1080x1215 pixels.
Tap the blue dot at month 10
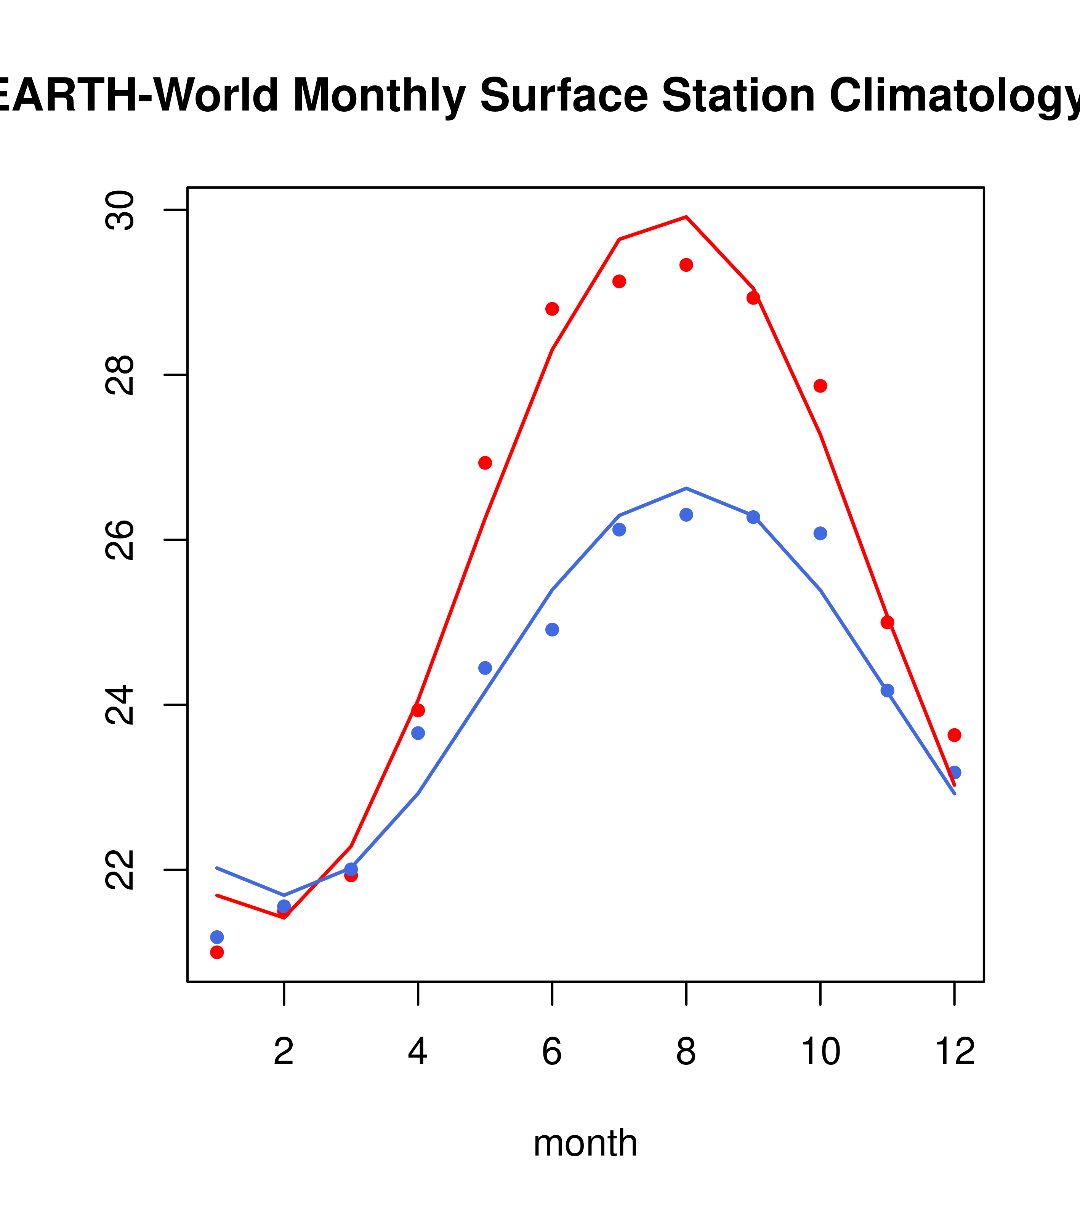pyautogui.click(x=820, y=533)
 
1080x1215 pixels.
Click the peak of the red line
pyautogui.click(x=686, y=217)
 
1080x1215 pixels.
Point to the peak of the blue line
pyautogui.click(x=686, y=488)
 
